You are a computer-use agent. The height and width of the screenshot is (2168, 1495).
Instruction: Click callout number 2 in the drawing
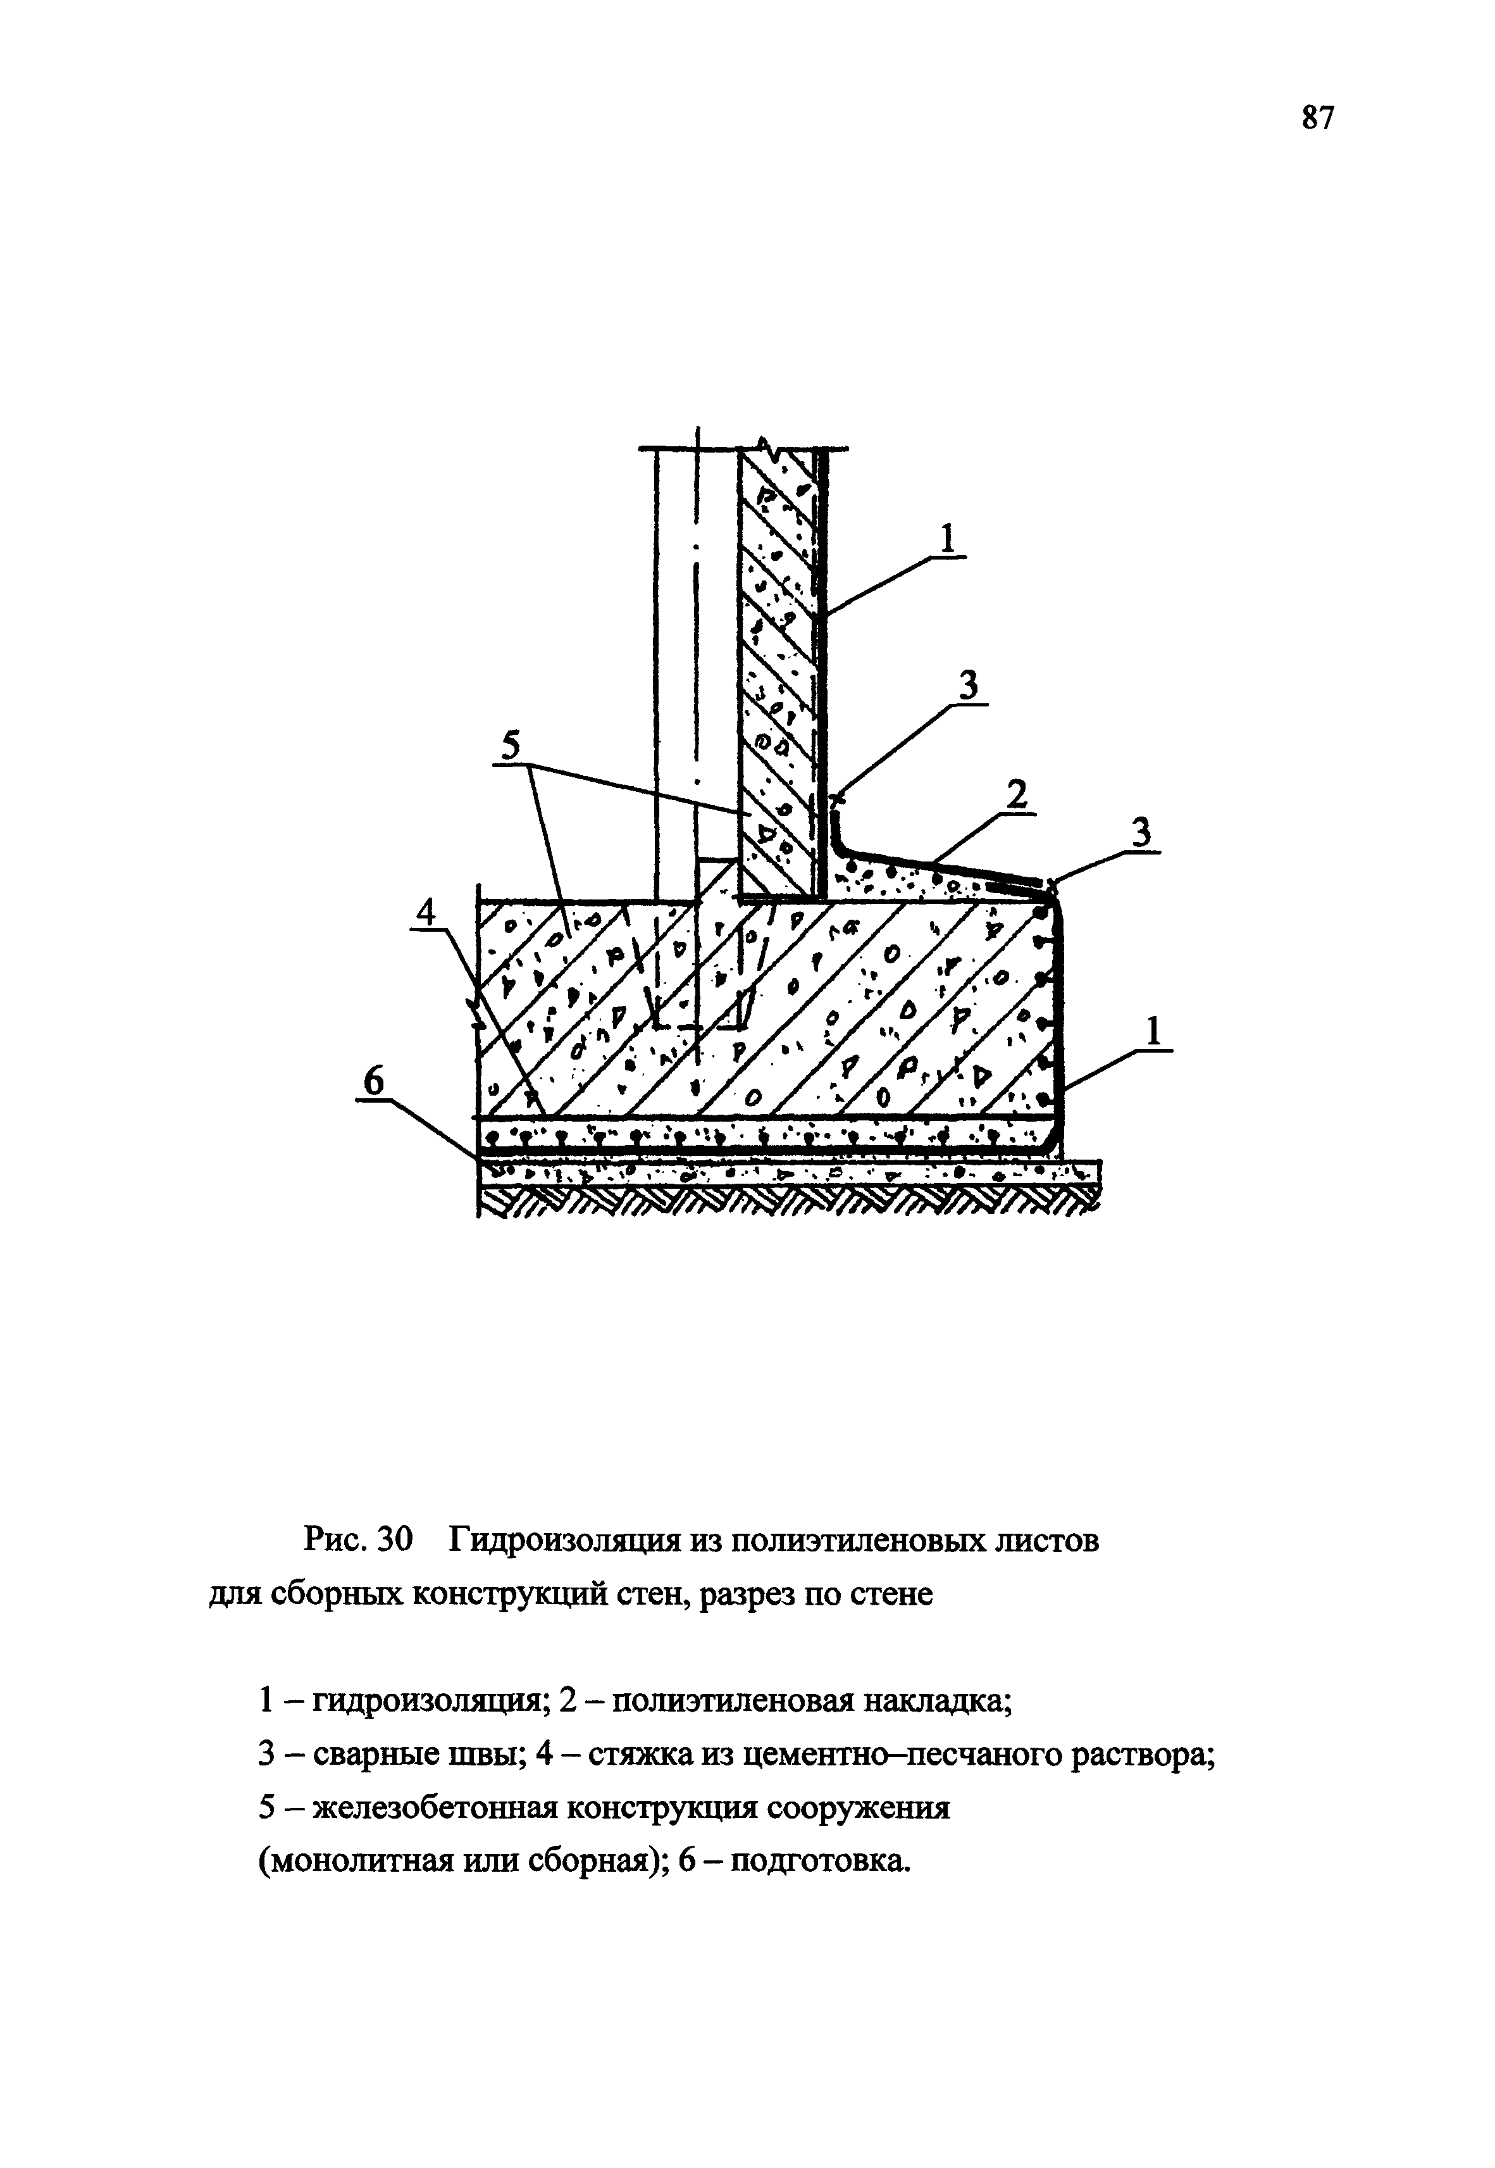1015,796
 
